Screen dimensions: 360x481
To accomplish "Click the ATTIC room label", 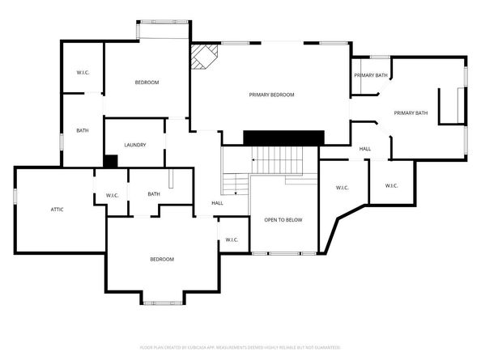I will pos(57,210).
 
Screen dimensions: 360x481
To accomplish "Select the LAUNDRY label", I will pos(134,145).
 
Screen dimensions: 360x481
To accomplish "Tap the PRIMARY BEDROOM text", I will pos(270,95).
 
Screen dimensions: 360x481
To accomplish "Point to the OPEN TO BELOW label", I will pos(283,220).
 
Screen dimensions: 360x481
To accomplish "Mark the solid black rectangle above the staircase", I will pos(283,138).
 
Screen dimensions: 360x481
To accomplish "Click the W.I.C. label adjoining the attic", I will pos(113,195).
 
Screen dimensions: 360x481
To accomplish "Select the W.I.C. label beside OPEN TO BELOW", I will pos(231,239).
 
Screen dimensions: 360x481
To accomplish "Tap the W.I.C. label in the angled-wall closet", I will pos(342,188).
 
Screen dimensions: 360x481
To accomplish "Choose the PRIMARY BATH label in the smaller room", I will pos(370,75).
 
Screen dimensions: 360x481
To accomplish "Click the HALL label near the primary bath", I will pos(365,149).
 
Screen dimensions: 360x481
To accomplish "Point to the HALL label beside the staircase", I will pos(217,203).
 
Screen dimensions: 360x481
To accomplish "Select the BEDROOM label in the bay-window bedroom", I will pos(161,259).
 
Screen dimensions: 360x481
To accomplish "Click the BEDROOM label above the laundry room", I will pos(147,83).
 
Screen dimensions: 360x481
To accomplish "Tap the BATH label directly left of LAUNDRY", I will pos(83,131).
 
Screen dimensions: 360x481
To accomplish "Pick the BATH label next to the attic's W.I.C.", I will pos(154,194).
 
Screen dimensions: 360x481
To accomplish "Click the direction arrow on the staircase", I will pos(254,160).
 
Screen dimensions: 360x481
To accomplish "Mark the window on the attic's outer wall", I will pos(15,195).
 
